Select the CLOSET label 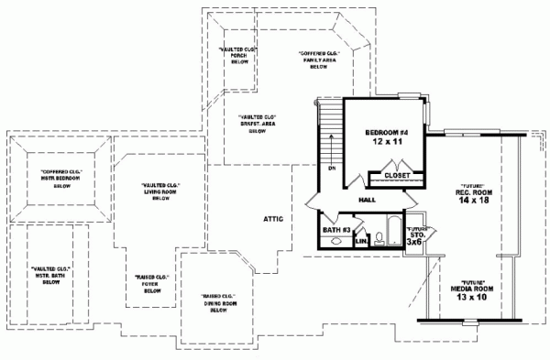coord(396,174)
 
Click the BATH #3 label coord(335,229)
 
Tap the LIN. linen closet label coord(360,240)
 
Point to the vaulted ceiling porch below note coord(238,56)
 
